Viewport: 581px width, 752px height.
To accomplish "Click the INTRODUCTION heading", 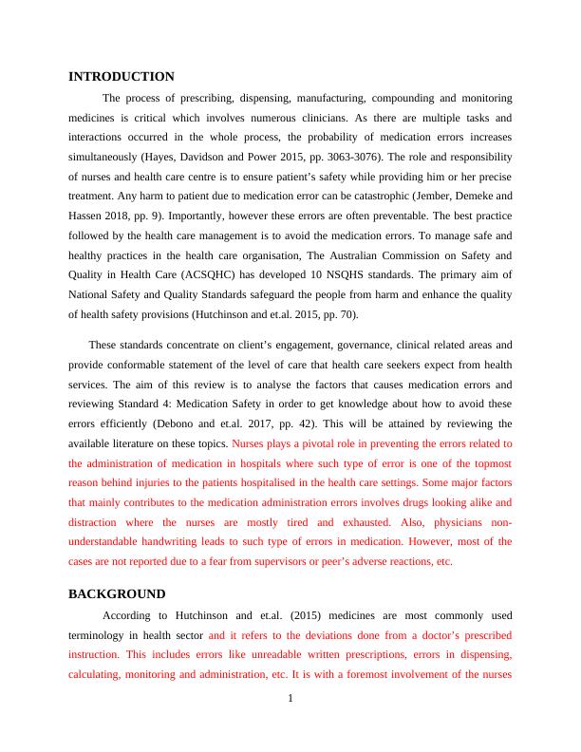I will (122, 77).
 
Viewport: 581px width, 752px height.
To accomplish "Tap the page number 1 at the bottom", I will (290, 700).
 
